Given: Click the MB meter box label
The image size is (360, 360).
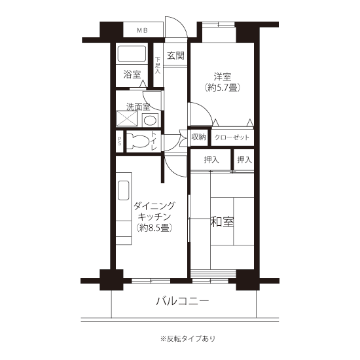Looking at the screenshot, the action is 142,30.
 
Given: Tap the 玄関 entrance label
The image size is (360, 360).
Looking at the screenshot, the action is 175,56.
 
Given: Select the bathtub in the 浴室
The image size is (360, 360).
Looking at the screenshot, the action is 132,54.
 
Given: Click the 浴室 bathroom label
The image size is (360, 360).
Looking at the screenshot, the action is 132,74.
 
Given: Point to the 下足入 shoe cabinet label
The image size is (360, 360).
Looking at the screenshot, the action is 158,65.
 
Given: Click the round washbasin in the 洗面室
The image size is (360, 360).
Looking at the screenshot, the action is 150,120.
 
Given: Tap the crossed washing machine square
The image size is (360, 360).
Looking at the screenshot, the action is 127,118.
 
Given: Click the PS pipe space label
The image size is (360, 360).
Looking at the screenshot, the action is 119,141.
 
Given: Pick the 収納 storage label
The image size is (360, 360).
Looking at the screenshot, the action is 199,137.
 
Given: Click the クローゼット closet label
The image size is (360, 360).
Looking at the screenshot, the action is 232,137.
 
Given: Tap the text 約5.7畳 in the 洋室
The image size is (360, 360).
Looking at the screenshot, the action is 223,88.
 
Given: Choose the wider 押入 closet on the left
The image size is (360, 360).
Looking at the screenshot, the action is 210,160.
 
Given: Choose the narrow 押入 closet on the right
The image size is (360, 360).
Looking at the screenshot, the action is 244,160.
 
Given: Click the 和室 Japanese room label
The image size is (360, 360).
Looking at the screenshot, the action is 223,222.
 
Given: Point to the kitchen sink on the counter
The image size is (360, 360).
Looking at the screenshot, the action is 124,190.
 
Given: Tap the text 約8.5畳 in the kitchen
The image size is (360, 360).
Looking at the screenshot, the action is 154,228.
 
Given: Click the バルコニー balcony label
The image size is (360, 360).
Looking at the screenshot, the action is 183,301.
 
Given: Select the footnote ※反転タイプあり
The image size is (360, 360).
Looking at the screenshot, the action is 188,338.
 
